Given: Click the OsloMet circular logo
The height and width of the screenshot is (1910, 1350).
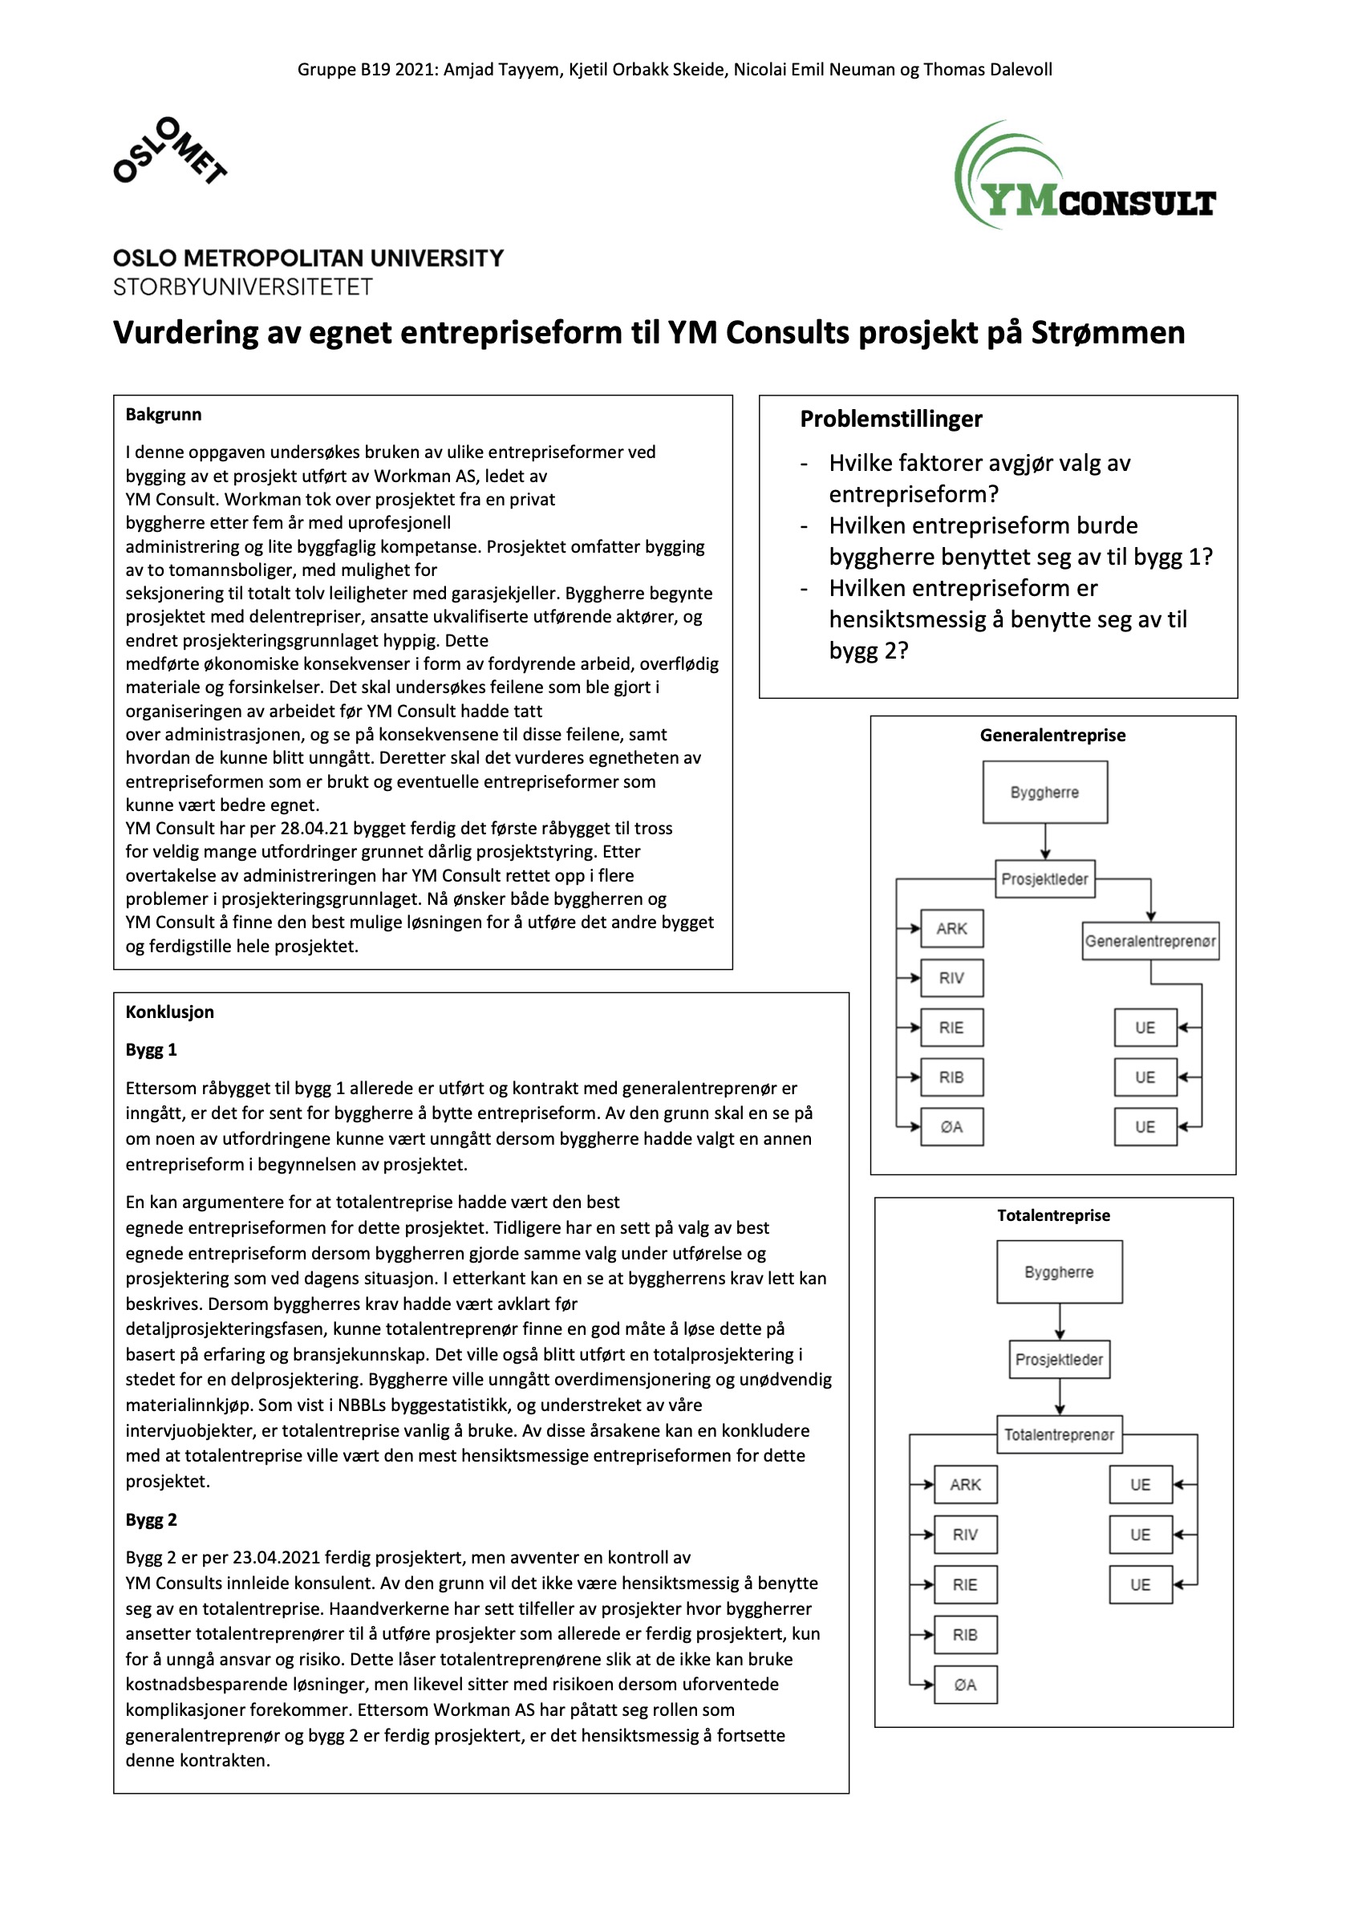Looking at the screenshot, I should click(170, 151).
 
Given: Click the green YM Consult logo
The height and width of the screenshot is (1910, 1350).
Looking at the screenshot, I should click(1084, 176).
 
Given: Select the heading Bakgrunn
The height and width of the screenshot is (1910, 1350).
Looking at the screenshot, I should click(163, 414).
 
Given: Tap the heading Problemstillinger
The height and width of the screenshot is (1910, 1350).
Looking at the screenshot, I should click(890, 419).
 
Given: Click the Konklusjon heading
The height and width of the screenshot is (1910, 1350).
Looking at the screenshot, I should click(170, 1012).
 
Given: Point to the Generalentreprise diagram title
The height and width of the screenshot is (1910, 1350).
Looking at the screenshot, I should click(1052, 735).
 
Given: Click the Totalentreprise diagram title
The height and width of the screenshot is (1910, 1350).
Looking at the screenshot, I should click(1053, 1215).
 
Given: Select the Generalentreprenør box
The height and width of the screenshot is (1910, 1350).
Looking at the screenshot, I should click(1149, 941).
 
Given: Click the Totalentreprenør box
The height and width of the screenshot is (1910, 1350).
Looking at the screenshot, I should click(1059, 1434).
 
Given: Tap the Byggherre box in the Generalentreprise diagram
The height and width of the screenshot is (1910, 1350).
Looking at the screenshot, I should click(1044, 792).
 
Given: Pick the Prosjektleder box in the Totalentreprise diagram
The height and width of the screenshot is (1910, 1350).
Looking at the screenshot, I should click(1059, 1359).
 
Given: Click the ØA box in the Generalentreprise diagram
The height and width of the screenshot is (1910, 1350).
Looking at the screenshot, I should click(951, 1126).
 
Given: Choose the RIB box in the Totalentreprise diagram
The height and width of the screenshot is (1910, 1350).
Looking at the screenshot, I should click(965, 1635).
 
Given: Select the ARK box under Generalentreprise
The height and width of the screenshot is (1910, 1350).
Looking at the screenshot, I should click(951, 928).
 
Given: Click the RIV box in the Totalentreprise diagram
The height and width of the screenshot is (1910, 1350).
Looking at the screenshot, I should click(965, 1534).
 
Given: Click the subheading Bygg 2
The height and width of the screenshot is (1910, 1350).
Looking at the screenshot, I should click(152, 1520).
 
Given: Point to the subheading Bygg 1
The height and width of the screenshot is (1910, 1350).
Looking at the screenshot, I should click(152, 1050).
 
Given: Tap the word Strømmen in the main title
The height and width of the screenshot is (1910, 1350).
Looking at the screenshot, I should click(1108, 333).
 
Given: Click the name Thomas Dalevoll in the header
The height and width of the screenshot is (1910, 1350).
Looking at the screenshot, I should click(987, 70).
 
